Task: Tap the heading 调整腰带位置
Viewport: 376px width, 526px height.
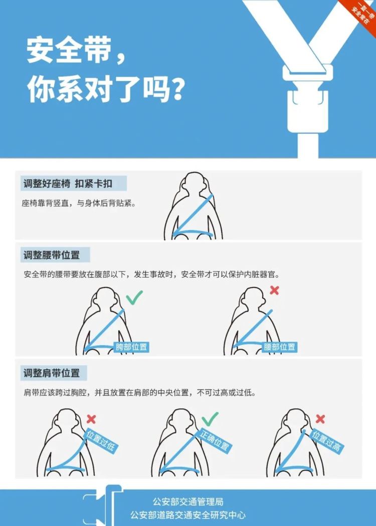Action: [x=52, y=255]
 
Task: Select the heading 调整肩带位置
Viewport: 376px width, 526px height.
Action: [x=52, y=373]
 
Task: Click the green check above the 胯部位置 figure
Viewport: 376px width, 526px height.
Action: [x=134, y=297]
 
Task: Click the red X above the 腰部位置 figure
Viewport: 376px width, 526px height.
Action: [x=274, y=290]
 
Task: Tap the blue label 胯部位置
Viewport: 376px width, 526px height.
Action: [x=131, y=347]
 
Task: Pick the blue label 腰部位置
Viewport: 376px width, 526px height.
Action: [x=279, y=347]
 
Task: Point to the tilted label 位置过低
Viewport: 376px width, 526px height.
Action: [x=101, y=441]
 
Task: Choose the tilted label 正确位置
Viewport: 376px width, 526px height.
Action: [x=214, y=441]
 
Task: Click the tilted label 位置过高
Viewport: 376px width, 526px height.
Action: [x=326, y=441]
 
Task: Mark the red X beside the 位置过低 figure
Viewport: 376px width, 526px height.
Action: [x=91, y=419]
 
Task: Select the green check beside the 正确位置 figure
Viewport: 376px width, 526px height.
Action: [x=210, y=419]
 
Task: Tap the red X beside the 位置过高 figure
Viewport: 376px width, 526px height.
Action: [x=320, y=419]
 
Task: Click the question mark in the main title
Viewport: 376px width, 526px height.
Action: [x=177, y=89]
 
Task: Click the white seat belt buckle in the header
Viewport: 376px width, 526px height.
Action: [x=308, y=97]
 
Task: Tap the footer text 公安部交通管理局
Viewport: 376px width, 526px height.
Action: [x=188, y=502]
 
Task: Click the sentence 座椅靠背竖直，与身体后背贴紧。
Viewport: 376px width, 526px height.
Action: [x=79, y=203]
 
